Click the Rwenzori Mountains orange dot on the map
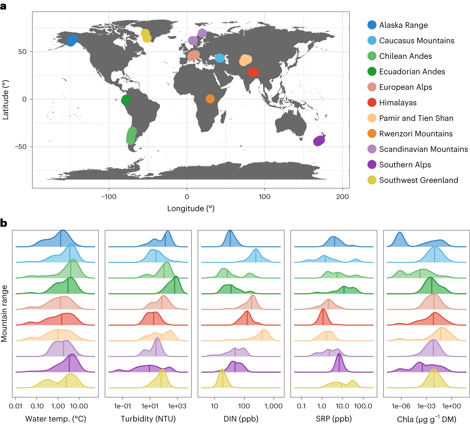pyautogui.click(x=210, y=99)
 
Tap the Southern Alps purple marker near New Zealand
pyautogui.click(x=319, y=141)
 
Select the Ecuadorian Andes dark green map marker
pyautogui.click(x=126, y=100)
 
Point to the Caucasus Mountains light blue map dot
pyautogui.click(x=220, y=58)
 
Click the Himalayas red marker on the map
pyautogui.click(x=253, y=72)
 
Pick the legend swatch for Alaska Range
pyautogui.click(x=372, y=25)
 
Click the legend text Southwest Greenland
pyautogui.click(x=418, y=180)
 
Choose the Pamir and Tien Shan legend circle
pyautogui.click(x=372, y=118)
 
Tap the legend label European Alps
pyautogui.click(x=405, y=87)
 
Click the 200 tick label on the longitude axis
pyautogui.click(x=342, y=197)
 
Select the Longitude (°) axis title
pyautogui.click(x=191, y=208)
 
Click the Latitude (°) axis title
pyautogui.click(x=5, y=100)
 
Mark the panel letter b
pyautogui.click(x=4, y=223)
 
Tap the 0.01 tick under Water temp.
pyautogui.click(x=16, y=406)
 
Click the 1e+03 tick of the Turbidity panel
pyautogui.click(x=177, y=406)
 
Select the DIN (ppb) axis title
pyautogui.click(x=241, y=419)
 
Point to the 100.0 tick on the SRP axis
pyautogui.click(x=363, y=406)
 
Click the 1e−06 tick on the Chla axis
pyautogui.click(x=401, y=406)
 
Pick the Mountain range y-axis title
pyautogui.click(x=4, y=313)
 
